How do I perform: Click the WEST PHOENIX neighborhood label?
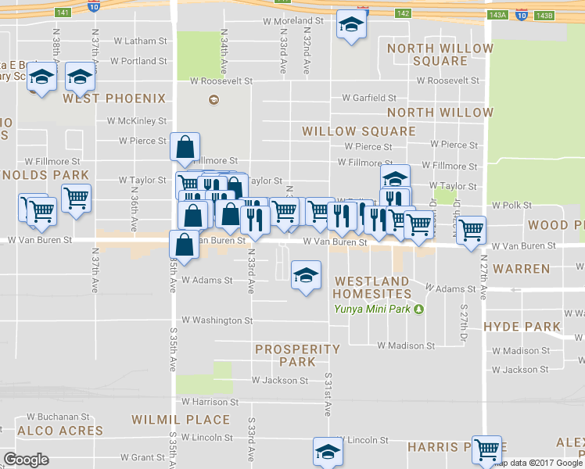[x=115, y=98]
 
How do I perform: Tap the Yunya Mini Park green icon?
[x=418, y=309]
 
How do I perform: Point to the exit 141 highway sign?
[x=63, y=13]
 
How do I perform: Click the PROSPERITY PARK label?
[x=297, y=356]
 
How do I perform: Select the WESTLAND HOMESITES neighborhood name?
[x=371, y=287]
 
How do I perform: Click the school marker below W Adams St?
[x=306, y=274]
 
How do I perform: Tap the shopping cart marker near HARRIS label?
[x=486, y=449]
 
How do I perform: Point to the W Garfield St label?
[x=369, y=98]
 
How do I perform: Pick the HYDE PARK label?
[x=522, y=327]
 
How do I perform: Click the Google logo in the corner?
[x=27, y=459]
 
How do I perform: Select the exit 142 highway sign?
[x=403, y=13]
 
